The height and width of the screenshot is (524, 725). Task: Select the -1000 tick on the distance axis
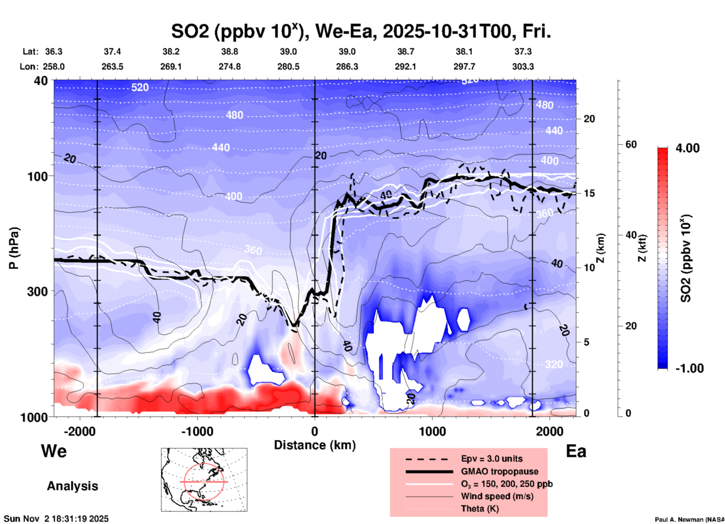click(x=197, y=432)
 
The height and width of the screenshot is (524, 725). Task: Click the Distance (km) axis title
click(x=315, y=445)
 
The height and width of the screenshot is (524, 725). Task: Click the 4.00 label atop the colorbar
click(x=687, y=148)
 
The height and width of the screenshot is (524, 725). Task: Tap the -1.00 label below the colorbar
click(x=689, y=368)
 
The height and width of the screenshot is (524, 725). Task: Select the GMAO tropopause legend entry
click(x=500, y=471)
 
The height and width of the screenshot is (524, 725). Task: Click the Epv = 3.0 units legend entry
click(x=492, y=459)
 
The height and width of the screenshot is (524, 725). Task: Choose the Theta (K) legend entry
click(x=480, y=509)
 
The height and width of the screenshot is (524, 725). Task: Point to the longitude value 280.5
click(x=288, y=67)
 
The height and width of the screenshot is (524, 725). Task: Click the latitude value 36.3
click(x=53, y=51)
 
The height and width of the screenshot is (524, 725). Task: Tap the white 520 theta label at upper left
click(x=140, y=88)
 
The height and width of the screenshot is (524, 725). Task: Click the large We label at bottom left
click(x=54, y=451)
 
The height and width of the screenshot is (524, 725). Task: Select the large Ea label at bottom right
click(x=576, y=451)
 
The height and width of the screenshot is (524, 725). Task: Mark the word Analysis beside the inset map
click(x=72, y=486)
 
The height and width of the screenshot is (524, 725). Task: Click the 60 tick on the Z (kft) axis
click(x=631, y=144)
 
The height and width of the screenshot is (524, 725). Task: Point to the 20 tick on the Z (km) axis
click(x=589, y=119)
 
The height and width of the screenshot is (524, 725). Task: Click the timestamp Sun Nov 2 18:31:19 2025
click(x=56, y=519)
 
